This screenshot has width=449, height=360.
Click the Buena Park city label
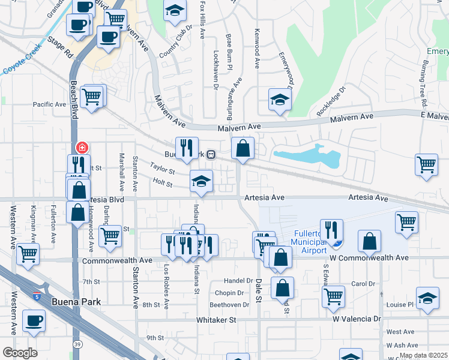click(76, 302)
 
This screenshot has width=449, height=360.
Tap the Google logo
click(20, 353)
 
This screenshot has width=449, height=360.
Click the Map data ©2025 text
click(423, 355)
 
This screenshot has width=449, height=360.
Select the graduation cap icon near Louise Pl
click(428, 298)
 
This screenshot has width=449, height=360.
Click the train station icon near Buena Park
click(211, 154)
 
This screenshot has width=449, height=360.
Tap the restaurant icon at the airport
click(331, 229)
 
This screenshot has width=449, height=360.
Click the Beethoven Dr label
click(229, 305)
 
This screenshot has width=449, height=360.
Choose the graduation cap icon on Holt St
click(202, 181)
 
